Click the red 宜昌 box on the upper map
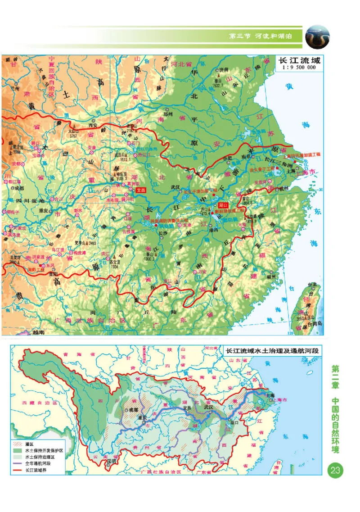tap(141, 190)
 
